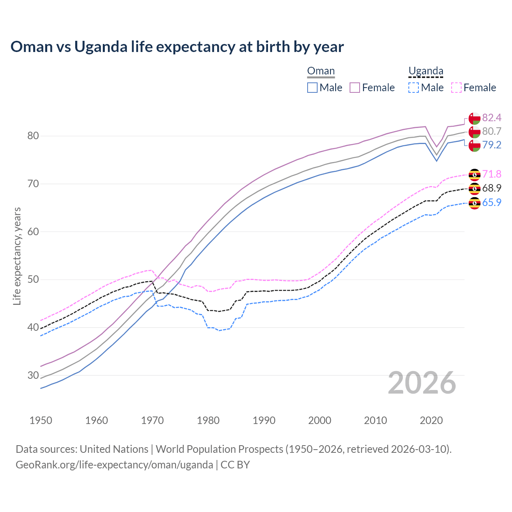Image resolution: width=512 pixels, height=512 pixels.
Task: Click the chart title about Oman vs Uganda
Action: [x=177, y=47]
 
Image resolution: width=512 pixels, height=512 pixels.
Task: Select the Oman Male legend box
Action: [x=312, y=88]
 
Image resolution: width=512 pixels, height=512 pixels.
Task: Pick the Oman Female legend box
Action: [x=355, y=88]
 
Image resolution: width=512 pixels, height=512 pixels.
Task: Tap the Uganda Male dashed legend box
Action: [x=414, y=88]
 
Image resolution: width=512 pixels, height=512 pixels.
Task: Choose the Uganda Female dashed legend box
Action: [x=456, y=88]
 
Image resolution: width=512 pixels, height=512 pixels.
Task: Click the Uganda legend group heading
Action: [x=426, y=71]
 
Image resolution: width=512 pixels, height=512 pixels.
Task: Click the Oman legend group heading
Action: [x=321, y=71]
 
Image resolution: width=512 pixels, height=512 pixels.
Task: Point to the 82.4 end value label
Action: [x=492, y=118]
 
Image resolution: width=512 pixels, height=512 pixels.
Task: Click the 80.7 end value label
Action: [x=492, y=131]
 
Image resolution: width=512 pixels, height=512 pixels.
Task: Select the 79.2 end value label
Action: [x=492, y=145]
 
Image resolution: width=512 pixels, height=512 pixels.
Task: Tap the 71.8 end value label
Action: [x=492, y=174]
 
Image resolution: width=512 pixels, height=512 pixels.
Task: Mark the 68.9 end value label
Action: [x=492, y=188]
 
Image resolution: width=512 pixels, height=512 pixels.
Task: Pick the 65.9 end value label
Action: [x=492, y=202]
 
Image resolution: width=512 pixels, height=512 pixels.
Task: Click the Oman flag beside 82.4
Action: [x=474, y=119]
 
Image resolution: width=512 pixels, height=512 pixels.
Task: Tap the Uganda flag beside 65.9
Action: [x=474, y=203]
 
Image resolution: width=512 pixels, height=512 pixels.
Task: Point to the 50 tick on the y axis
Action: [x=33, y=280]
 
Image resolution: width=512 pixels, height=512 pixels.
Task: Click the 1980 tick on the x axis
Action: [x=208, y=420]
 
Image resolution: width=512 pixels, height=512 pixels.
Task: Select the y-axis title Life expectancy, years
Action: [x=17, y=256]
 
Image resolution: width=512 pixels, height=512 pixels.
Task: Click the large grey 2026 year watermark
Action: [x=422, y=383]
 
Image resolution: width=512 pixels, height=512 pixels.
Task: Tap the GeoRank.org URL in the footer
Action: [x=114, y=465]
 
